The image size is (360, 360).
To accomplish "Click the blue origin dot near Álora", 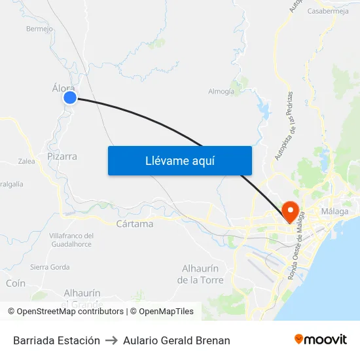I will (70, 98).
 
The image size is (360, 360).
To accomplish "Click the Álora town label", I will (63, 87).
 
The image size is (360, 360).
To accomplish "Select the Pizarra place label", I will (62, 156).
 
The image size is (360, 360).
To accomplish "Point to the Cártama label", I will (134, 224).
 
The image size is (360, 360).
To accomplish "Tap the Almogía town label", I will (221, 92).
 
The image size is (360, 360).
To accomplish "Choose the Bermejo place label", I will (39, 29).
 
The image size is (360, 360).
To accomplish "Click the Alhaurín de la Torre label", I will (201, 274).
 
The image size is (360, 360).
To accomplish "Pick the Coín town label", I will (15, 283).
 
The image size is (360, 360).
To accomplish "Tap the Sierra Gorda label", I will (50, 267).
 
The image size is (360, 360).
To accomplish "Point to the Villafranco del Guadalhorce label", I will (71, 240).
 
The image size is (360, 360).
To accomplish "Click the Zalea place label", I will (27, 161).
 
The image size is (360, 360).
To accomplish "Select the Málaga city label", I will (334, 211).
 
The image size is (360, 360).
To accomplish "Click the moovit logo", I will (321, 339).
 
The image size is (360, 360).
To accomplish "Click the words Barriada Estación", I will (56, 340).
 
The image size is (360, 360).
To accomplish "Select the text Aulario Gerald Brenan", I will (177, 340).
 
